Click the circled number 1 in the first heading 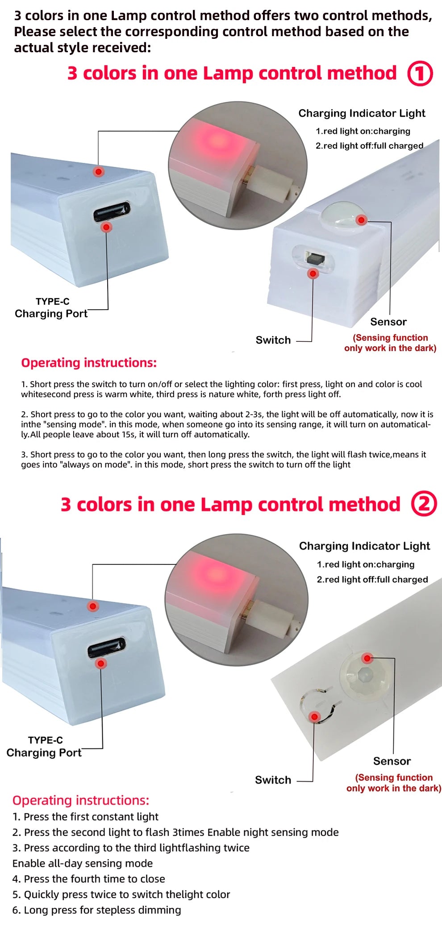(x=420, y=74)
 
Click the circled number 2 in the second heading (x=423, y=504)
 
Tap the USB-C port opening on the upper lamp (x=112, y=211)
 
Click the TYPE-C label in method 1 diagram (x=52, y=302)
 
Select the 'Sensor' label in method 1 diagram (x=388, y=322)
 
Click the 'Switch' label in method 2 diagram (x=273, y=780)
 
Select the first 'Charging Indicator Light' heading (x=362, y=113)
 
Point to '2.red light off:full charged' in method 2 (x=372, y=579)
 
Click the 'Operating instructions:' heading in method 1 (x=89, y=363)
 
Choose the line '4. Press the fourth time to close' (x=89, y=879)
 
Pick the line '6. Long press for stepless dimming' (x=97, y=910)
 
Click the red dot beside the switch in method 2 (x=314, y=717)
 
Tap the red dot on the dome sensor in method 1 (x=362, y=220)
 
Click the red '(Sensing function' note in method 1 (x=390, y=338)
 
